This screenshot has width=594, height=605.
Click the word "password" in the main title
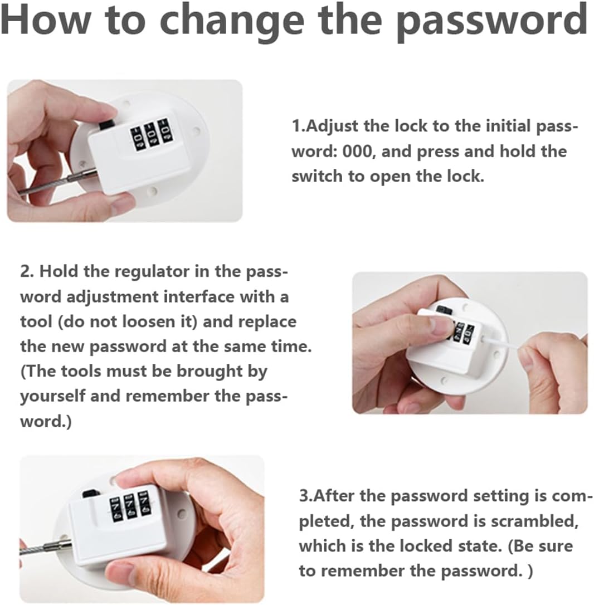(491, 21)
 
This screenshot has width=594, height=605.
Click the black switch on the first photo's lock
(106, 125)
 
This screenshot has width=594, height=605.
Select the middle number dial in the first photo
(150, 135)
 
